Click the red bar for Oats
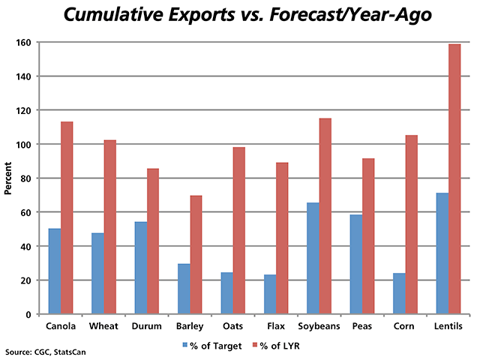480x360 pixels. pyautogui.click(x=239, y=230)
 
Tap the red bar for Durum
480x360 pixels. pyautogui.click(x=153, y=241)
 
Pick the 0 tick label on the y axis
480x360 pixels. pyautogui.click(x=33, y=314)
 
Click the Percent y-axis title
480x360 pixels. pyautogui.click(x=8, y=178)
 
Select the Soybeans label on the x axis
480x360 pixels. pyautogui.click(x=319, y=326)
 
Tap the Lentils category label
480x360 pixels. pyautogui.click(x=448, y=326)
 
